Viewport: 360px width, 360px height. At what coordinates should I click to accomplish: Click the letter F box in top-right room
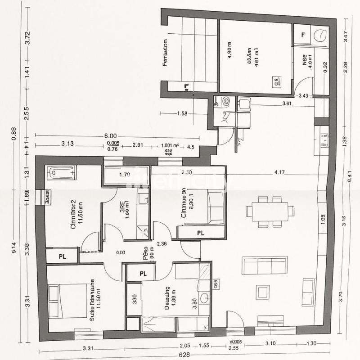303,35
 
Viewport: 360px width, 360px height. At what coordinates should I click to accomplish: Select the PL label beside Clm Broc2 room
63,256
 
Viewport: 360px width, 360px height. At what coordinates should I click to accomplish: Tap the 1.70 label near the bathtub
125,175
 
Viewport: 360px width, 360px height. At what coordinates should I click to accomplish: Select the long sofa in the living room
265,265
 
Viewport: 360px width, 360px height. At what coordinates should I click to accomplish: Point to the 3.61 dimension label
287,104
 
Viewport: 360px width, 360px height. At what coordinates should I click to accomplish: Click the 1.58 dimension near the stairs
182,113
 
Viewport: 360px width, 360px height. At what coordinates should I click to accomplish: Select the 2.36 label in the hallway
162,244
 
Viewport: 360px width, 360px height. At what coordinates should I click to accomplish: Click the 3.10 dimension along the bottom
270,344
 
